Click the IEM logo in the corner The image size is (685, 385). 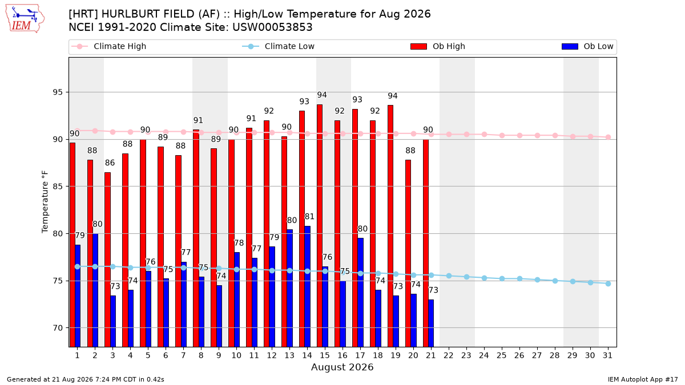point(25,18)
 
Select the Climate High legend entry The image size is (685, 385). point(108,46)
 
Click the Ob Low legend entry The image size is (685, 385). point(587,46)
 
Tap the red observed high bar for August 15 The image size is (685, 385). point(320,225)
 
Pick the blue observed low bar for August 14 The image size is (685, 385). point(307,286)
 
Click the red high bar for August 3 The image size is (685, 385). point(108,260)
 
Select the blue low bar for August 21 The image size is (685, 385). point(431,323)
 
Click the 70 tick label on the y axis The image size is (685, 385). point(58,328)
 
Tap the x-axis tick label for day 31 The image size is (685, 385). point(607,355)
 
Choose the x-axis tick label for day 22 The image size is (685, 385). point(449,355)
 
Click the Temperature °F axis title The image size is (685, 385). point(45,202)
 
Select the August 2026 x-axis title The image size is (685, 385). point(342,367)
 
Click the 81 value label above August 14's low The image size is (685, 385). point(309,217)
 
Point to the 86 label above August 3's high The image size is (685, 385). point(110,163)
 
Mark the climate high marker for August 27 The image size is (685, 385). point(537,135)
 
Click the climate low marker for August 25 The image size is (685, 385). point(502,279)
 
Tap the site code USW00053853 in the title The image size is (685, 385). point(272,27)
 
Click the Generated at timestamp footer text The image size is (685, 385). point(85,379)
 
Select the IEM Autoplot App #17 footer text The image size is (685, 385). point(643,379)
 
